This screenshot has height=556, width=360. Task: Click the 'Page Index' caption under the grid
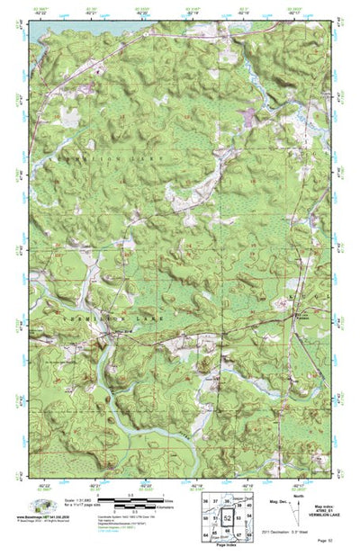tap(227, 547)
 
